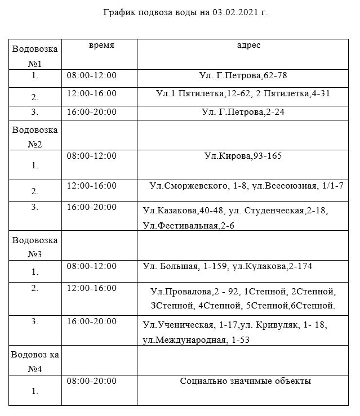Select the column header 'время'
click(101, 46)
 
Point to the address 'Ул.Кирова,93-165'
click(243, 156)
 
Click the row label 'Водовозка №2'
click(35, 137)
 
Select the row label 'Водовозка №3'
click(35, 247)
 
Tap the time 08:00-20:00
click(91, 381)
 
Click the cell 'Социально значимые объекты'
click(245, 381)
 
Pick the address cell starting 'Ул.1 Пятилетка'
click(242, 93)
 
